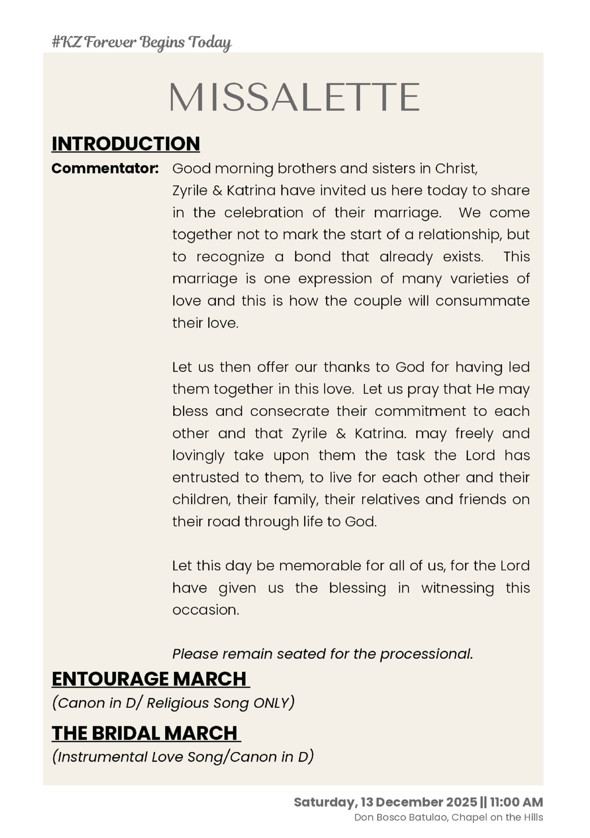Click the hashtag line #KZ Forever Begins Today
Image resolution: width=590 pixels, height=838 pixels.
(x=141, y=42)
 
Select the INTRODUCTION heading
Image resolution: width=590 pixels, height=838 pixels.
(x=126, y=144)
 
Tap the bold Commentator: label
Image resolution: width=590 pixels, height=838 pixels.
(x=105, y=169)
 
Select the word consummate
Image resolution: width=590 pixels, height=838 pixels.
(x=483, y=301)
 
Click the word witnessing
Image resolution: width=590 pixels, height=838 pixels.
(x=457, y=588)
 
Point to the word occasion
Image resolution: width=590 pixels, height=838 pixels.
(x=205, y=610)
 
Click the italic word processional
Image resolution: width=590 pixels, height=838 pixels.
(x=426, y=654)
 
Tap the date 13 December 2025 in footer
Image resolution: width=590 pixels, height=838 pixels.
(x=419, y=802)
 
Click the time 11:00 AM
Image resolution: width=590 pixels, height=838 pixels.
(x=516, y=802)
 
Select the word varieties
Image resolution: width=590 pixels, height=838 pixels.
(x=479, y=279)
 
